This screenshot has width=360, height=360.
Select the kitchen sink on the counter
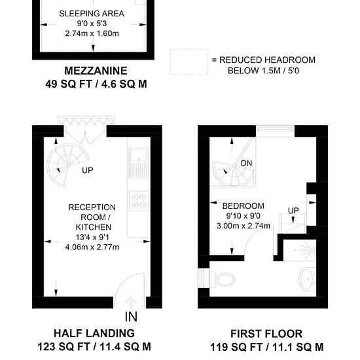139,163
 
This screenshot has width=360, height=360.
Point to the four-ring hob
139,201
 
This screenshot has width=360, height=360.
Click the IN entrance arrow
131,302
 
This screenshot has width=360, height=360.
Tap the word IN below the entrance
131,317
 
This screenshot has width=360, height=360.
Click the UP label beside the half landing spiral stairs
88,170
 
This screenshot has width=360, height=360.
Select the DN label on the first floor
246,163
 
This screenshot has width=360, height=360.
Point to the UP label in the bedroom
293,210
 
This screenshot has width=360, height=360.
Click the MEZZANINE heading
96,71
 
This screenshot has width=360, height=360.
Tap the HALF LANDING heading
94,333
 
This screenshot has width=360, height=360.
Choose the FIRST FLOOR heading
266,334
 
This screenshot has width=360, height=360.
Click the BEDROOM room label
243,206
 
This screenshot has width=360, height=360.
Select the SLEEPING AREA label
92,14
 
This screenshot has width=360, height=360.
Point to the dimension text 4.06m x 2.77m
92,247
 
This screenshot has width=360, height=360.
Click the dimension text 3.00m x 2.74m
243,226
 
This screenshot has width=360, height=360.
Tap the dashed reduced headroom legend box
189,62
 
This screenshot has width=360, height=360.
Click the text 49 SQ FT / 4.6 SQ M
96,84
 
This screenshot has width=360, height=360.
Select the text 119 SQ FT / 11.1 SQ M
267,347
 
